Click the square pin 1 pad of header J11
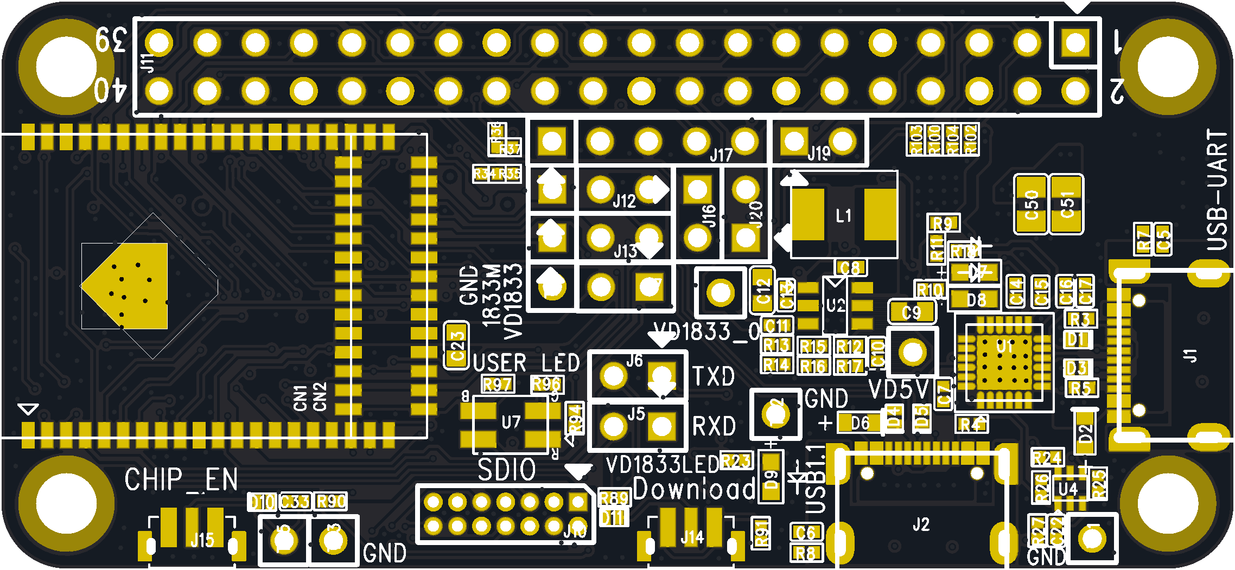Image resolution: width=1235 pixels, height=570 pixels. tap(1075, 42)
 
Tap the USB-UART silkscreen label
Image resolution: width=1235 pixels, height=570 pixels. tap(1217, 190)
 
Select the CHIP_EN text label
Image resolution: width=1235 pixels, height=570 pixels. tap(181, 480)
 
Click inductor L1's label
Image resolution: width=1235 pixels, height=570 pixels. tap(843, 216)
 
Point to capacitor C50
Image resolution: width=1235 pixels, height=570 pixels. tap(1030, 204)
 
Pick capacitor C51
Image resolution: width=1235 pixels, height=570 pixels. tap(1067, 204)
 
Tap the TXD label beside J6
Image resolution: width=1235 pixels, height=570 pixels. tap(714, 376)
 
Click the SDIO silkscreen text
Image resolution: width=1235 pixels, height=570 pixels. tap(507, 470)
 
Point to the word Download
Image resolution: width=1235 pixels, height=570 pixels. tap(694, 489)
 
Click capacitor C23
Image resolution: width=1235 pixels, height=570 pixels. tap(457, 346)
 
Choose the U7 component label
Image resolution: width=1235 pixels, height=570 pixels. tap(511, 422)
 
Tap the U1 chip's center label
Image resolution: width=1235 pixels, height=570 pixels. tap(1005, 346)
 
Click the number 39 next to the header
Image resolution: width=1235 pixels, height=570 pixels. tap(111, 39)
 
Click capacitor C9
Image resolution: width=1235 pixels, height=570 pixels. tap(912, 312)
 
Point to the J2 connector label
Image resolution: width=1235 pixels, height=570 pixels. tap(921, 524)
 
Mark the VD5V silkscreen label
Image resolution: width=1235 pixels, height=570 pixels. tap(899, 389)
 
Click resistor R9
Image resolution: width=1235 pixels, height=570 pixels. tap(943, 223)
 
